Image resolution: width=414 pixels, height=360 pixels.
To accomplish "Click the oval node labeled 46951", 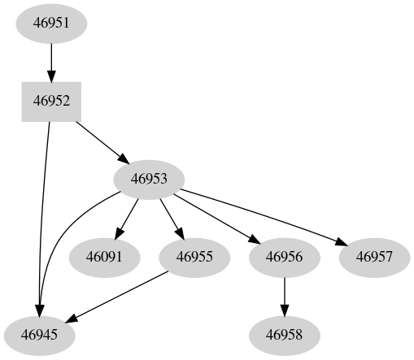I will pos(51,23).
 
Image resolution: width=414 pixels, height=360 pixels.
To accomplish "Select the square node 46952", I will pos(51,101).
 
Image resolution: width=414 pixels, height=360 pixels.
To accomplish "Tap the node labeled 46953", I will pos(149,179).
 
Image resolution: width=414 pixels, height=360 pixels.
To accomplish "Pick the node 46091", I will pos(104,257).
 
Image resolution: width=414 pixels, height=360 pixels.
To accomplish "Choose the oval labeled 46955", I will pos(194,257).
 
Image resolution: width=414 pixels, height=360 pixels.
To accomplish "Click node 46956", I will pos(284,257).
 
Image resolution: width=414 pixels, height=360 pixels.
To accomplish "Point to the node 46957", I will pos(374,257).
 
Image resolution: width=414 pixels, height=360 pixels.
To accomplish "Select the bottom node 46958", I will pos(284,334).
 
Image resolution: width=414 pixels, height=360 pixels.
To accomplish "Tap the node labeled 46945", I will pos(39,334).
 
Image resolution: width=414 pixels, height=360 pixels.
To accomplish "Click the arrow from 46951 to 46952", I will pos(51,61).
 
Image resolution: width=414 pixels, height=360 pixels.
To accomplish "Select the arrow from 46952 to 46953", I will pos(100,140).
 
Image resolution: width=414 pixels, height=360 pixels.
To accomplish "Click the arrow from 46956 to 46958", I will pos(284,295).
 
